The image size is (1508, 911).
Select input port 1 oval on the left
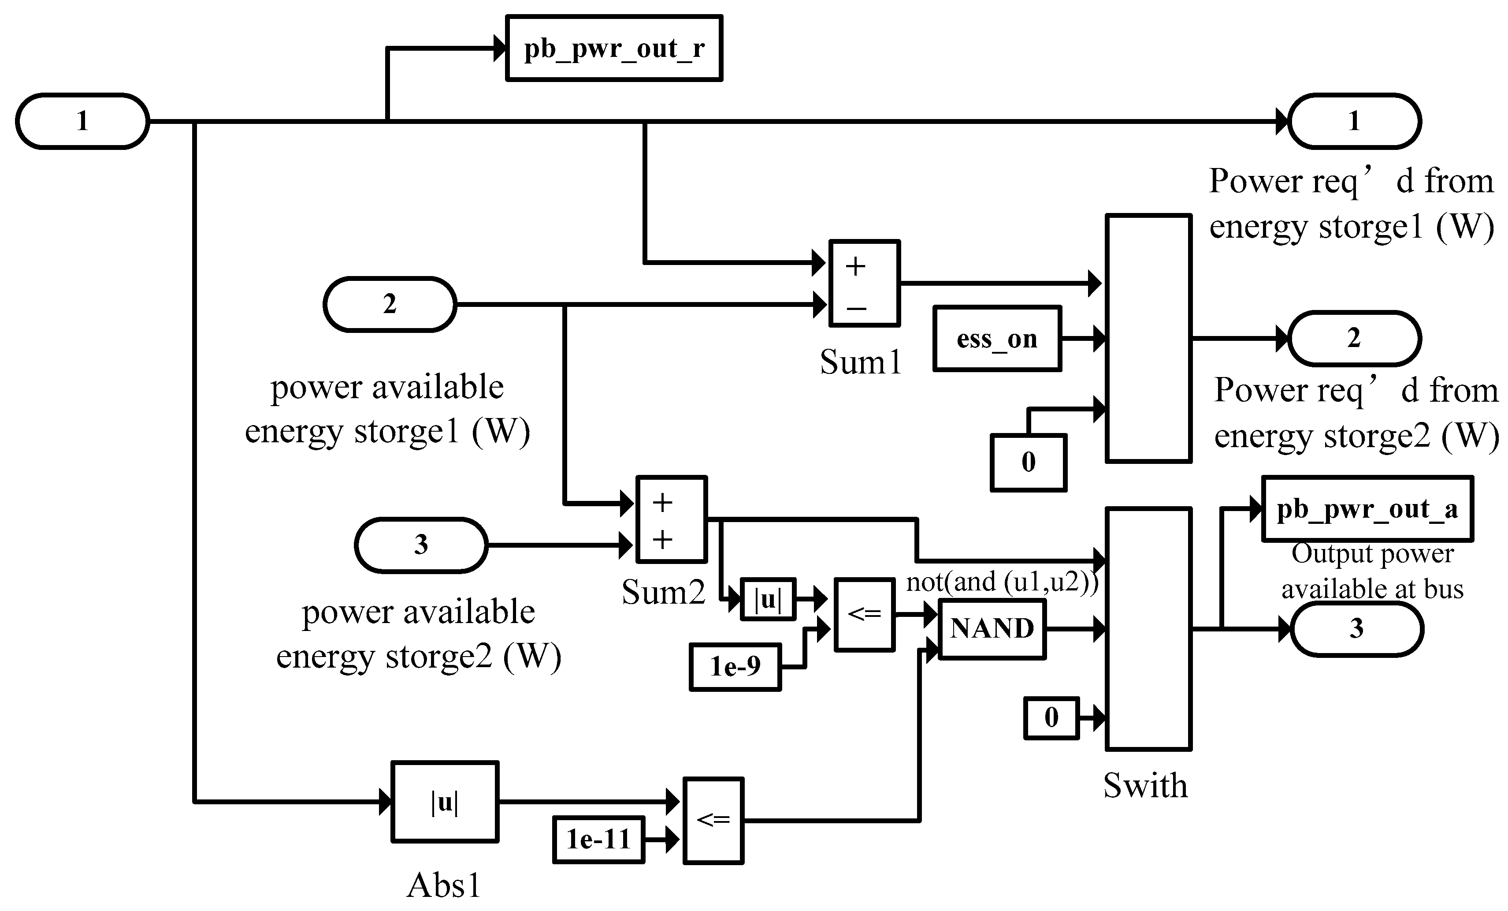[x=82, y=121]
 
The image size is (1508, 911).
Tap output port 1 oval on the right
[x=1354, y=121]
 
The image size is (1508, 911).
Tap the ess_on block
[x=997, y=339]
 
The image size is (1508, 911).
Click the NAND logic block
[x=992, y=629]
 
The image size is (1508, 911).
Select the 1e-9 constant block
[x=735, y=667]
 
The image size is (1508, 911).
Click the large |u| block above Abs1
[x=445, y=801]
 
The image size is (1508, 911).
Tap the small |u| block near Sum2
[x=768, y=599]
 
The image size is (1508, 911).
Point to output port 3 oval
[x=1357, y=629]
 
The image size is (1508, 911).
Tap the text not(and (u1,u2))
[x=1002, y=582]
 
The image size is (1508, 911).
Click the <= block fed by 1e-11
[x=713, y=821]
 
